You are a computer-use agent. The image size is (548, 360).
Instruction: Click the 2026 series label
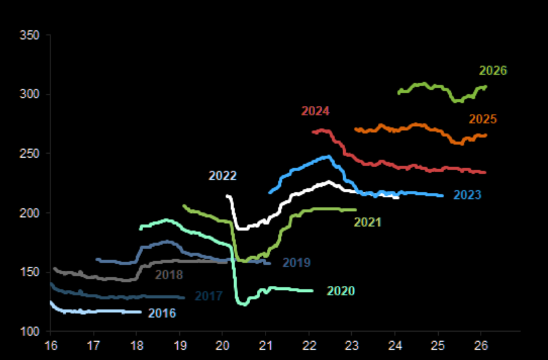(493, 71)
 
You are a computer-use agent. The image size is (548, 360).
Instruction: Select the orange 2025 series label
(483, 119)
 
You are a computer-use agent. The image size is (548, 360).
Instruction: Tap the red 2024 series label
(315, 111)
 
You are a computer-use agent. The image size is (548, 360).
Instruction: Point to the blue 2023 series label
(466, 196)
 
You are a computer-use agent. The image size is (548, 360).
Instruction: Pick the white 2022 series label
(222, 176)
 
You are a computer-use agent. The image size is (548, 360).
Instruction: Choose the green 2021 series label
(368, 222)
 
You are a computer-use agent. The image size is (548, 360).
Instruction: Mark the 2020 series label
(340, 291)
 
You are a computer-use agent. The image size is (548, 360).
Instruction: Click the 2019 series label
(296, 263)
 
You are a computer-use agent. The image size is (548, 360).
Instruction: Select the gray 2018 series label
(169, 274)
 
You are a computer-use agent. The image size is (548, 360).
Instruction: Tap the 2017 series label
(208, 296)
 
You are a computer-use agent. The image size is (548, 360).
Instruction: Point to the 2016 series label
(162, 313)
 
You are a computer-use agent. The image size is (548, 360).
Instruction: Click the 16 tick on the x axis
(50, 345)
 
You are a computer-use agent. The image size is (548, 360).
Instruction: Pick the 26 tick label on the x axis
(481, 345)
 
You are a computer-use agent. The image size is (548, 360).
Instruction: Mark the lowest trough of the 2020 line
(243, 304)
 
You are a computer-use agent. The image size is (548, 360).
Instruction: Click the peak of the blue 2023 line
(329, 156)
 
